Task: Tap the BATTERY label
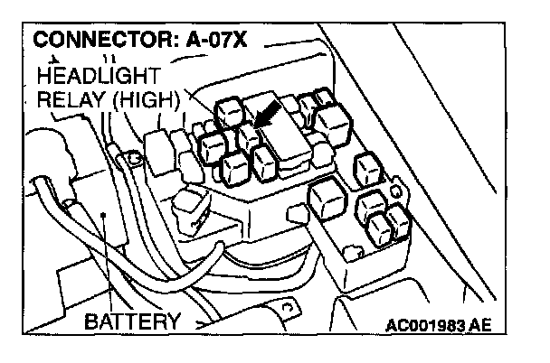tap(133, 321)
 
